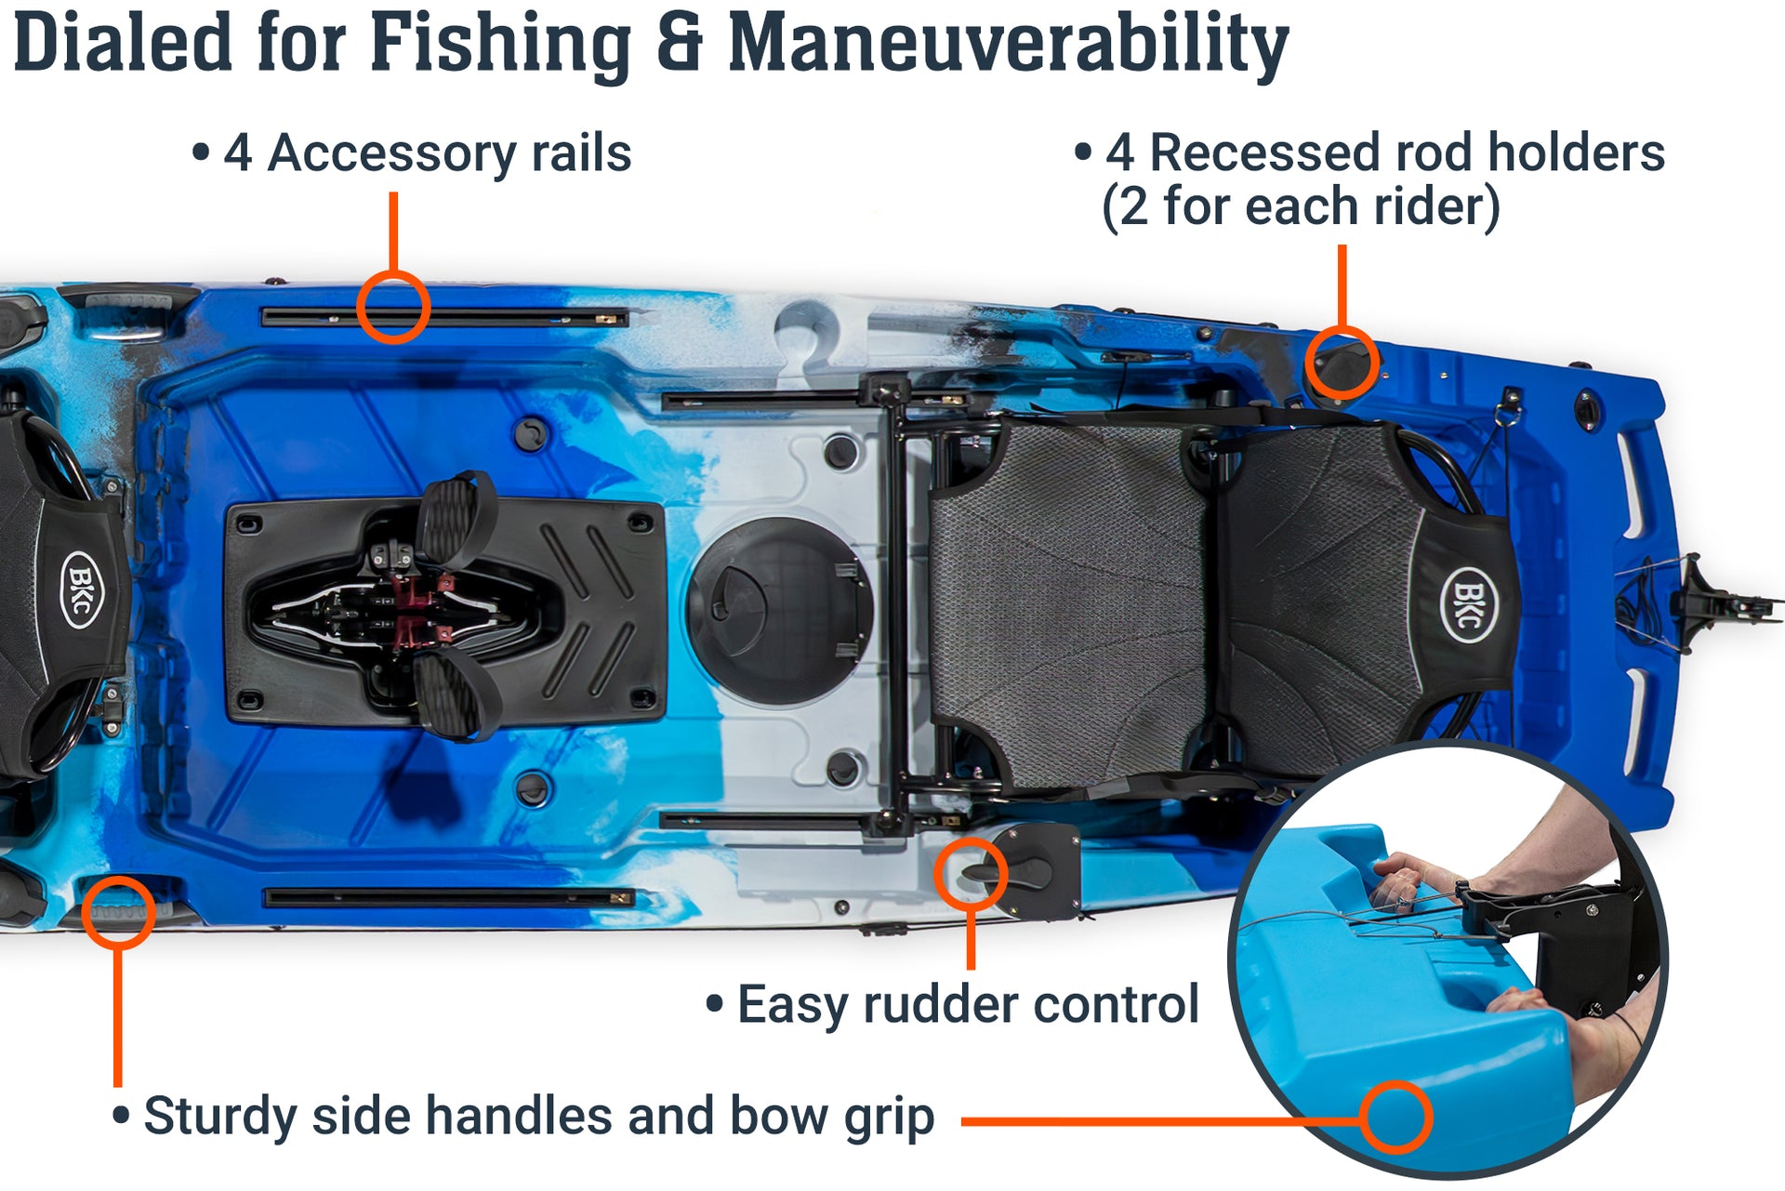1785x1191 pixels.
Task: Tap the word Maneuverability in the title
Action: (1008, 44)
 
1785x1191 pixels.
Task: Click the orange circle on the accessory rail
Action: (393, 308)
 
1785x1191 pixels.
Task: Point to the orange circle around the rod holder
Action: (1342, 364)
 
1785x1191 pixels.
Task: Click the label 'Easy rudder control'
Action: (967, 1005)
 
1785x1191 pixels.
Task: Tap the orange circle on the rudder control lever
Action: (971, 873)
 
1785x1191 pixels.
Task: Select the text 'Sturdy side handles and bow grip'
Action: (538, 1116)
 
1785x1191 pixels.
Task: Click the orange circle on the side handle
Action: (118, 912)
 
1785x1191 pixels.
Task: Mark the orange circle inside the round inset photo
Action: (1395, 1117)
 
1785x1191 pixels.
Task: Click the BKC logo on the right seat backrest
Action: (1468, 604)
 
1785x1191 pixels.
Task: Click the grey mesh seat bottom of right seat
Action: (1069, 604)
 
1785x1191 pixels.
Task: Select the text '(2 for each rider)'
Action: (1300, 206)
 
